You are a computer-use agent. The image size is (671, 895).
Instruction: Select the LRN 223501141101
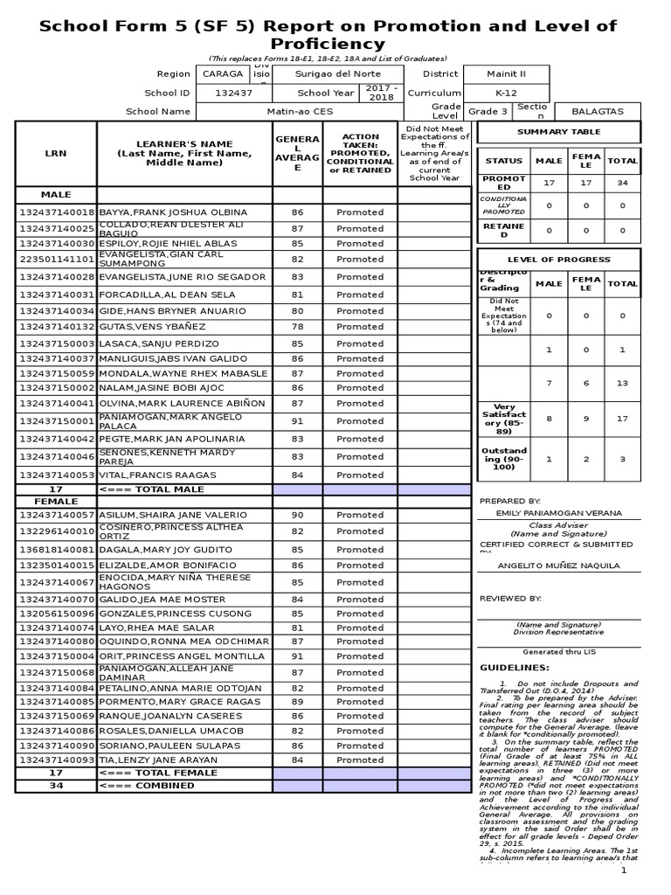click(x=56, y=260)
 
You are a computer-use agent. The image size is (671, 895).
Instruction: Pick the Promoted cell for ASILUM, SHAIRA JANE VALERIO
click(x=360, y=515)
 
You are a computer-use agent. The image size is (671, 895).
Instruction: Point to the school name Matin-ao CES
click(x=299, y=112)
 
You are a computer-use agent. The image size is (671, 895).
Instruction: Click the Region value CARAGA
click(x=223, y=74)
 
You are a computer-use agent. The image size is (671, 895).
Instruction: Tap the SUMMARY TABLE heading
click(x=559, y=132)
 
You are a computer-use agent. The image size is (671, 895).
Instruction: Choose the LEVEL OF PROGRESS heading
click(x=559, y=260)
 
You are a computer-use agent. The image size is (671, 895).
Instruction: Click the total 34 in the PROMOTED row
click(x=622, y=184)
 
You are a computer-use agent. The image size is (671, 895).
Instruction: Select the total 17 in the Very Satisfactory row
click(x=622, y=419)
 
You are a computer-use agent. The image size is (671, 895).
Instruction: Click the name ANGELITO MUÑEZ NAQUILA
click(x=558, y=565)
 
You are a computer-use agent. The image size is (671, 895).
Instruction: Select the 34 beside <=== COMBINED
click(x=56, y=786)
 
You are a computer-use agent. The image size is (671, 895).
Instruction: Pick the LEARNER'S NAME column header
click(x=184, y=153)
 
